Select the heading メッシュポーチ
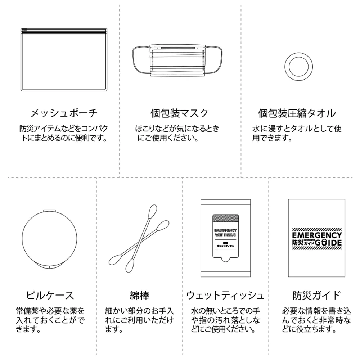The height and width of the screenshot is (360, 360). point(63,113)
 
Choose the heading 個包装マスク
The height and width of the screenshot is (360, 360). point(179,113)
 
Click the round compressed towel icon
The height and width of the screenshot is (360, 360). point(298,66)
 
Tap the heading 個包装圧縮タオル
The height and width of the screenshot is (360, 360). point(297,113)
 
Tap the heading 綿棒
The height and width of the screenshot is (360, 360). point(139,296)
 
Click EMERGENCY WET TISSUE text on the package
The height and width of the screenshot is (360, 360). point(225,232)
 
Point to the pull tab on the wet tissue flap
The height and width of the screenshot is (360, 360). point(225,260)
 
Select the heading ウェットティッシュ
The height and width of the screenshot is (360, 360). point(225,296)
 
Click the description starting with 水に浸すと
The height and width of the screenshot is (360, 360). point(297,133)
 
